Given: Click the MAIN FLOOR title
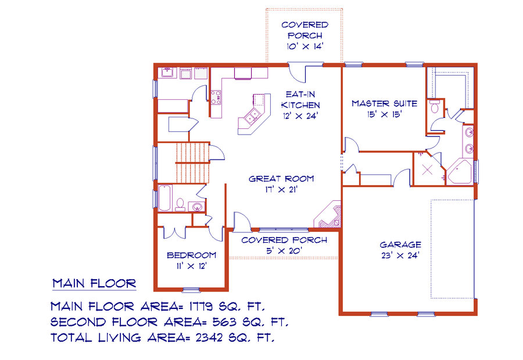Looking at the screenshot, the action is [94, 284].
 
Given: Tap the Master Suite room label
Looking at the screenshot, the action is [384, 109].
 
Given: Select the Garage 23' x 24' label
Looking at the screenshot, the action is [400, 250].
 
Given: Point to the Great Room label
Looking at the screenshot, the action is [281, 184].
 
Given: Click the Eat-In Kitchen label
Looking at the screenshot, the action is [300, 105].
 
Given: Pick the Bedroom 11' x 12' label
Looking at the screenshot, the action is [191, 261].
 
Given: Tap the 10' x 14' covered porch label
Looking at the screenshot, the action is [305, 35].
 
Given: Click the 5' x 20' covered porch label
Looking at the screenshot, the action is [284, 246].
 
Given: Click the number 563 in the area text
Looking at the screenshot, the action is [224, 322].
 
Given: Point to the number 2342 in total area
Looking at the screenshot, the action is [209, 338].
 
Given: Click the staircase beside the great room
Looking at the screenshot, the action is [192, 163].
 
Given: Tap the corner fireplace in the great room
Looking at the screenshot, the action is [328, 214].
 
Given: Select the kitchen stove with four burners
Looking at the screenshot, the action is [216, 98].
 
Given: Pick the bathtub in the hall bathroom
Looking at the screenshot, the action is [165, 198].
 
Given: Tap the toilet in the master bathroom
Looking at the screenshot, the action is [435, 107].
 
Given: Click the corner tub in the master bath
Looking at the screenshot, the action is [459, 172].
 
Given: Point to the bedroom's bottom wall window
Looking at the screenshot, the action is [191, 290].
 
